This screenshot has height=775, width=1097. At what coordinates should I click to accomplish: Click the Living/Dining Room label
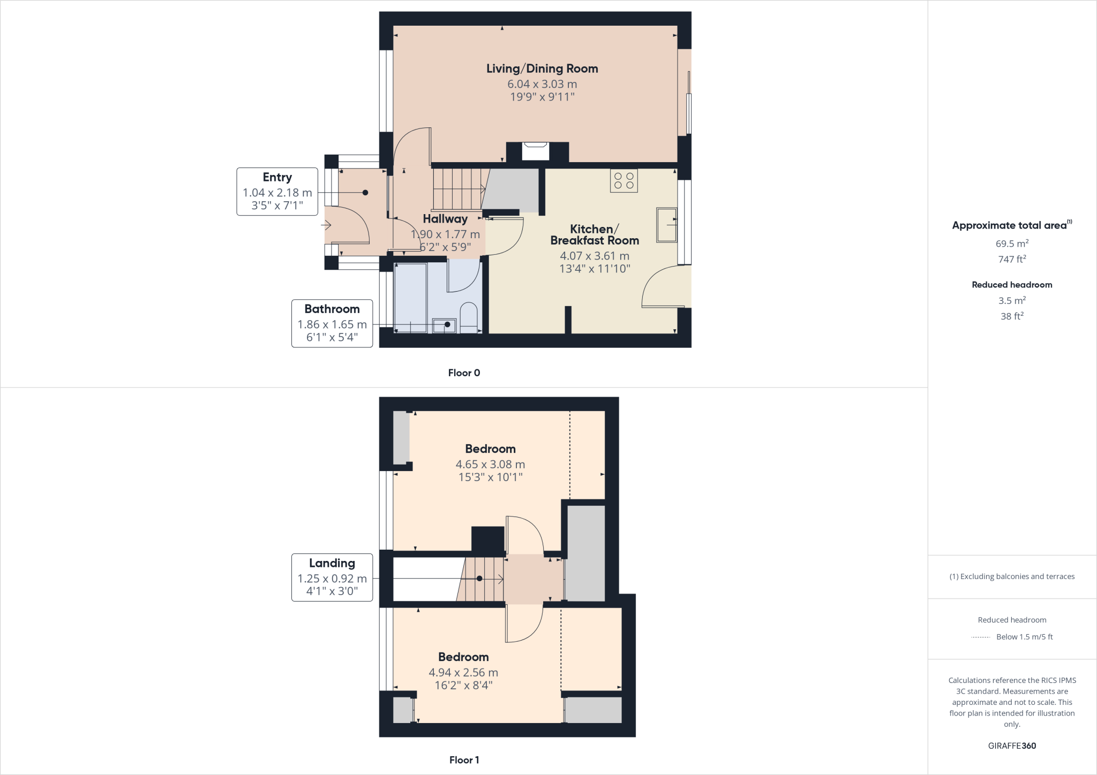[x=542, y=69]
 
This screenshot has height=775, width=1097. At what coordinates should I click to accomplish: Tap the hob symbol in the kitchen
[x=623, y=180]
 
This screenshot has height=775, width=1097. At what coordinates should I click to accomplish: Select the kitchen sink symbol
[x=667, y=225]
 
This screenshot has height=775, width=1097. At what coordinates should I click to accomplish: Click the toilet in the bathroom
[x=469, y=318]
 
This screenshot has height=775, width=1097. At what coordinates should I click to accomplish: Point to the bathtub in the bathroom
[x=411, y=297]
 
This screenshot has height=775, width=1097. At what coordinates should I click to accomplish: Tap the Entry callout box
[x=277, y=191]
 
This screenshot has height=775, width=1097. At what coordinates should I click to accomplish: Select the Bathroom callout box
[x=332, y=323]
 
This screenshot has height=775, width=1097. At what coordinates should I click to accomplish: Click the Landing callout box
[x=332, y=577]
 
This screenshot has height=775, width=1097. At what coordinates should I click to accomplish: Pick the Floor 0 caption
[x=464, y=373]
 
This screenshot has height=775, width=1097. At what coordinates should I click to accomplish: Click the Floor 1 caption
[x=464, y=760]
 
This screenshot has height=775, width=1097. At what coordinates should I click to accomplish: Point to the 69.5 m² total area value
[x=1011, y=244]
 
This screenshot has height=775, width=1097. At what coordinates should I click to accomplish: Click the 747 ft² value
[x=1011, y=259]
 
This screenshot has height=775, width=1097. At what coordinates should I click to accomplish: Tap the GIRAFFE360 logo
[x=1011, y=746]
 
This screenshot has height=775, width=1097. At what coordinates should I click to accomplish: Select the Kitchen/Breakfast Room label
[x=595, y=234]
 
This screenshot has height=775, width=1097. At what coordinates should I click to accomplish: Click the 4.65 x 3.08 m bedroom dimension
[x=490, y=464]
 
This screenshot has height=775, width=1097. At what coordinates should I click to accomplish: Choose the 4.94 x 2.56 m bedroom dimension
[x=463, y=672]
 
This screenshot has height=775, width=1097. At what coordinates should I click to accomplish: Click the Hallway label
[x=445, y=218]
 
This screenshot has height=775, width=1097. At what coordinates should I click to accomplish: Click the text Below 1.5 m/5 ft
[x=1024, y=637]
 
